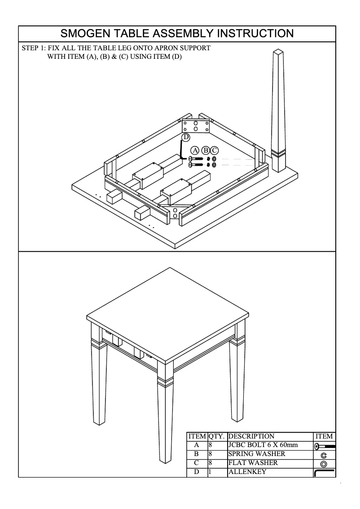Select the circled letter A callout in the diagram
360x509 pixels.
[x=195, y=150]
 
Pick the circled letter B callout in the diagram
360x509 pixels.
[x=206, y=150]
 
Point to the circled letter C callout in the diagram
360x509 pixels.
[x=214, y=150]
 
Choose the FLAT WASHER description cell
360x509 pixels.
[x=253, y=463]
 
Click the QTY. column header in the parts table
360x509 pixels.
[x=217, y=436]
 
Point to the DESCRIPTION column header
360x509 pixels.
[x=251, y=436]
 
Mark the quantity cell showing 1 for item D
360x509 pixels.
[x=210, y=472]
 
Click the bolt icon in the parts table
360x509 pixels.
[x=324, y=446]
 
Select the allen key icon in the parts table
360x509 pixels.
[x=324, y=473]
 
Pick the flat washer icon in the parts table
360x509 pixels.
[x=324, y=464]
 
